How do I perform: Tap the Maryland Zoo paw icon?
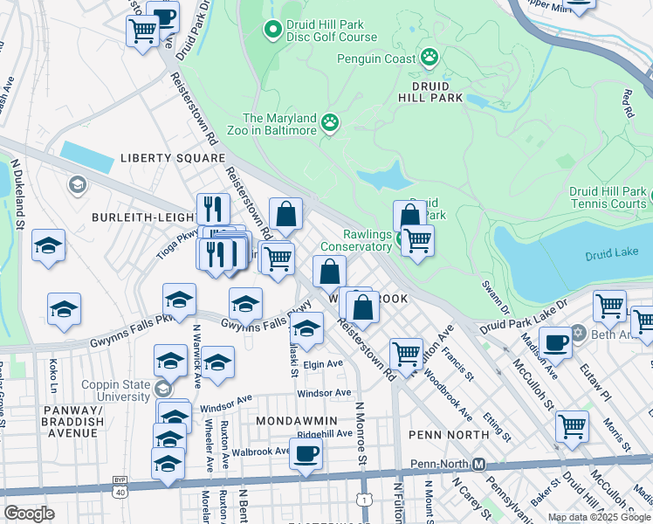point(330,123)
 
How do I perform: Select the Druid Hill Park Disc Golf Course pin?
point(272,31)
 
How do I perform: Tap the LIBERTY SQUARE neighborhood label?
point(173,158)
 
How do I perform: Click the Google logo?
point(29,514)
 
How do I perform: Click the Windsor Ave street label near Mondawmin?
point(323,393)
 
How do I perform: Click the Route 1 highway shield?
point(362,499)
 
